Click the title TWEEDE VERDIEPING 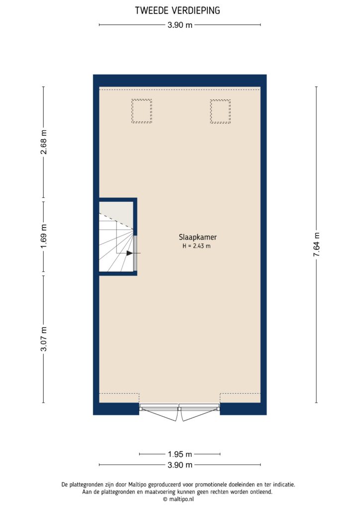click(x=178, y=10)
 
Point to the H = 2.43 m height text click(x=197, y=246)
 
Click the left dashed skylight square click(x=142, y=111)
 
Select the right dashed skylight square click(x=220, y=111)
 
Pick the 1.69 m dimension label click(x=44, y=237)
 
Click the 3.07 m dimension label click(x=44, y=339)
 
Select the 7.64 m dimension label click(x=316, y=244)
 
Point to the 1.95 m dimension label click(x=180, y=454)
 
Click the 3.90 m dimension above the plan click(x=180, y=25)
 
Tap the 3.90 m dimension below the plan click(x=180, y=465)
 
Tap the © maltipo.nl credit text click(x=180, y=499)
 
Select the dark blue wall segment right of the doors click(x=243, y=409)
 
